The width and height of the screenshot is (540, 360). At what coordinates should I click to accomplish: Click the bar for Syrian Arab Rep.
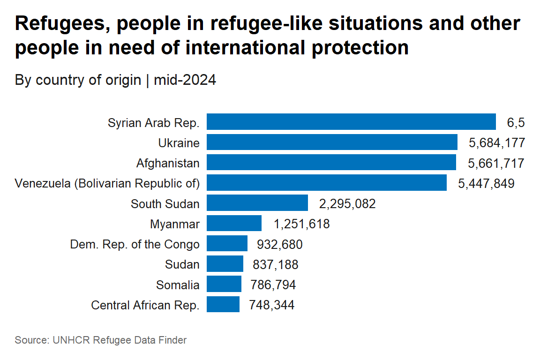coord(351,121)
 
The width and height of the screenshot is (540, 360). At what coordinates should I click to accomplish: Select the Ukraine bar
coord(332,142)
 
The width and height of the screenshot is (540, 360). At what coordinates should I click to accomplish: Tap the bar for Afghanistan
coord(331,162)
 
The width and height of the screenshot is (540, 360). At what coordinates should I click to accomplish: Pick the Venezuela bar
coord(326,183)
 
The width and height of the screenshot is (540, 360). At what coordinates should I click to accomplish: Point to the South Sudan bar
coord(257,203)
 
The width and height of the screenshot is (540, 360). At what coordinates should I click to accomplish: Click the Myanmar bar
coord(234,223)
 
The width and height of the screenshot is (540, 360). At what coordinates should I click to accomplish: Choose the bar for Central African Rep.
coord(223,305)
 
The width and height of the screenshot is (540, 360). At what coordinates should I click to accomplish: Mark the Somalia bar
coord(224,284)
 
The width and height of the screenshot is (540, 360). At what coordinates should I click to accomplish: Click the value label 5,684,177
coord(496,142)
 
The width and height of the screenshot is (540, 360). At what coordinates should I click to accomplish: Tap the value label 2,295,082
coord(347,203)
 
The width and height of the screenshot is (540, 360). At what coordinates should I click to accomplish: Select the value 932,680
coord(280,244)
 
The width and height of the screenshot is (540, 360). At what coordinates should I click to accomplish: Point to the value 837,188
coord(275,264)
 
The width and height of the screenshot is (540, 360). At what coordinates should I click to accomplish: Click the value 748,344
coord(271,305)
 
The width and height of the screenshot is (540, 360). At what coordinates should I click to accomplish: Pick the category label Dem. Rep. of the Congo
coord(135,244)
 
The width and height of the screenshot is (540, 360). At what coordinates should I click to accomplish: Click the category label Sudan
coord(182,264)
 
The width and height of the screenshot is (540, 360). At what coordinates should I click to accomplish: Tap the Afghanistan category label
coord(168,163)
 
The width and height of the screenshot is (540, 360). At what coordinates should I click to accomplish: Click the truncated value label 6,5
coord(516,123)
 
